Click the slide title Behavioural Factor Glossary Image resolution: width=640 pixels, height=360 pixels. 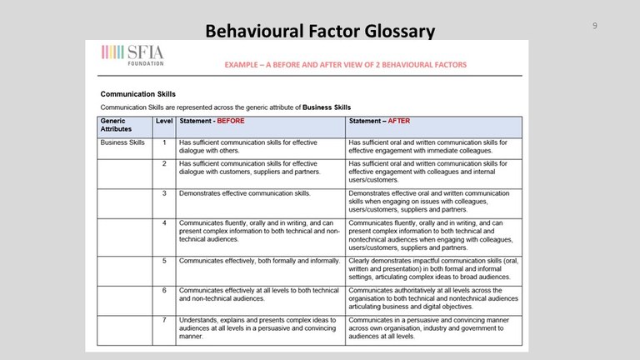pyautogui.click(x=320, y=31)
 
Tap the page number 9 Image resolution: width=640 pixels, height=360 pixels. pyautogui.click(x=594, y=26)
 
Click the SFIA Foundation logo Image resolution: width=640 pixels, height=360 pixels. pyautogui.click(x=132, y=55)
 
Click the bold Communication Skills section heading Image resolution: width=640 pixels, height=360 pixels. pyautogui.click(x=137, y=94)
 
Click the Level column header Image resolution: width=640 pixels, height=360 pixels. pyautogui.click(x=164, y=121)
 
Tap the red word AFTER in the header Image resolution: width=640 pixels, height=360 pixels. pyautogui.click(x=399, y=121)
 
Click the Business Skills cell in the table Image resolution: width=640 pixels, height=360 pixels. pyautogui.click(x=122, y=142)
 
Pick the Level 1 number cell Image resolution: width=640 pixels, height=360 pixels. pyautogui.click(x=164, y=142)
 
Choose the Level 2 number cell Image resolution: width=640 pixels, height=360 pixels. pyautogui.click(x=164, y=163)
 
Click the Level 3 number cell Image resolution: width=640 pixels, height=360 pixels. pyautogui.click(x=164, y=193)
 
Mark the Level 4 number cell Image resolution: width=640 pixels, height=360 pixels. pyautogui.click(x=164, y=223)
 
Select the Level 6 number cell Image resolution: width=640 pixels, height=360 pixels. pyautogui.click(x=164, y=289)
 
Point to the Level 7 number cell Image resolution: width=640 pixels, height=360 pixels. pyautogui.click(x=164, y=319)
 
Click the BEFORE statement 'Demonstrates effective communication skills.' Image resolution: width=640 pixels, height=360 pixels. pyautogui.click(x=245, y=193)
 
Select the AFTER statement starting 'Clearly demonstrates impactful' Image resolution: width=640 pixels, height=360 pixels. pyautogui.click(x=433, y=269)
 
